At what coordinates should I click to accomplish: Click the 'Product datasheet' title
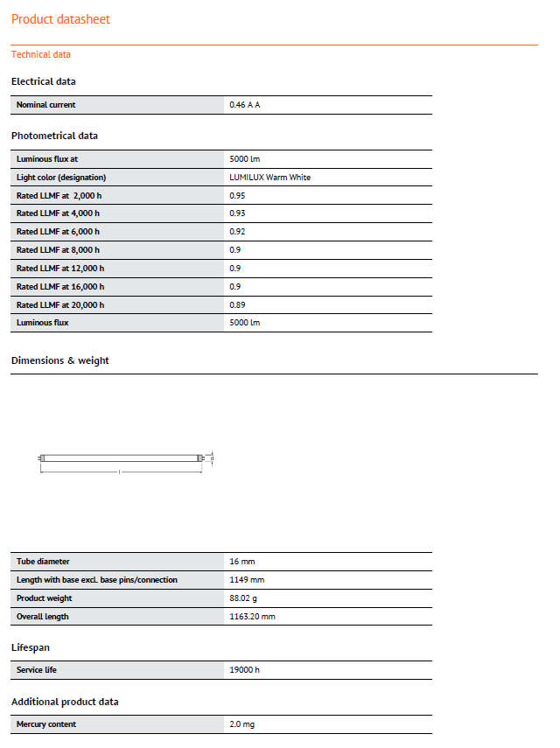[60, 19]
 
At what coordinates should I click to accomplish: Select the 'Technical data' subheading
[41, 54]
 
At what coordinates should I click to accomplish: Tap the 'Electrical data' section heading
[44, 81]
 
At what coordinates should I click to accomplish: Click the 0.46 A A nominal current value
[245, 105]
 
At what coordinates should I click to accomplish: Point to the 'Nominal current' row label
[46, 105]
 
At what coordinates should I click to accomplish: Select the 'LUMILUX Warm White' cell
[269, 178]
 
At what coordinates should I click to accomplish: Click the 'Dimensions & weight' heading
[60, 360]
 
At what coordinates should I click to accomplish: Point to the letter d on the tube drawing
[213, 457]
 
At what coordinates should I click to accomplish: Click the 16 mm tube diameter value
[241, 562]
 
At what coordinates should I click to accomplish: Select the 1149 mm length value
[247, 580]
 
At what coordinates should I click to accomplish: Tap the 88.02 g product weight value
[244, 598]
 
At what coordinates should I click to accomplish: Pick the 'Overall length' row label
[43, 617]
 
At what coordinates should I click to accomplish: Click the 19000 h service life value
[244, 670]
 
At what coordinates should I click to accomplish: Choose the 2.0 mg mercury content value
[241, 724]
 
